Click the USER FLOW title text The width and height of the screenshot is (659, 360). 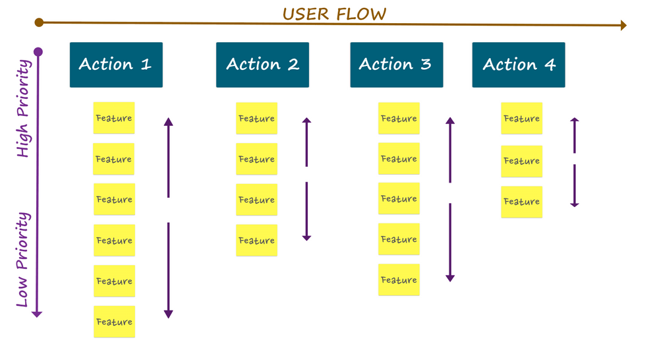[334, 13]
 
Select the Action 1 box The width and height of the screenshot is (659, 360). [116, 65]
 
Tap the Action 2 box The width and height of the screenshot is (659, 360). [262, 65]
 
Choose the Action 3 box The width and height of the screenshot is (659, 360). [396, 65]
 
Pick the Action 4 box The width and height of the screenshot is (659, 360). [519, 65]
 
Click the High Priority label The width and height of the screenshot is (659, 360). [23, 109]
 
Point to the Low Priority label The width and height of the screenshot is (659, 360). [23, 259]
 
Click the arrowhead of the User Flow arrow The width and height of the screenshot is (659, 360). [623, 26]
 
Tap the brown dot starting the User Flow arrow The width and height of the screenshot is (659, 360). [39, 22]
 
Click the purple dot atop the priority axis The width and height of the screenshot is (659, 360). [38, 51]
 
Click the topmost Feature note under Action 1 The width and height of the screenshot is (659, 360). [114, 118]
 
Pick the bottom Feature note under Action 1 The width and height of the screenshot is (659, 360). [114, 322]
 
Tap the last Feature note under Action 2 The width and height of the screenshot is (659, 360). [256, 241]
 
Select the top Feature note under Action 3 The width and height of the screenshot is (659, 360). [399, 119]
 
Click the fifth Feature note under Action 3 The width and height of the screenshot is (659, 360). [399, 280]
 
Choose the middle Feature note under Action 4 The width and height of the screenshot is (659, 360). [521, 161]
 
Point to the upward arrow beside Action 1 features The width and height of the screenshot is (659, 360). [168, 158]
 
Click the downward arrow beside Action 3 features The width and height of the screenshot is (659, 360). [450, 242]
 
